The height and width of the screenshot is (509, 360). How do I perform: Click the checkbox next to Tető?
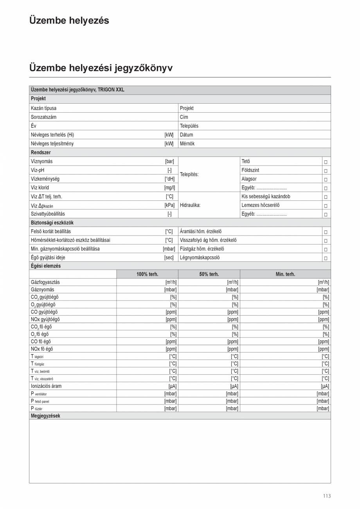[x=326, y=162]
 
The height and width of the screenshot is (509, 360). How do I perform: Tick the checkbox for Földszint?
[x=326, y=171]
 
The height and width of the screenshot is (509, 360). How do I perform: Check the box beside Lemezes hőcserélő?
[x=326, y=205]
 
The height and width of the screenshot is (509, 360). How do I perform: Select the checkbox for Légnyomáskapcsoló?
[x=326, y=258]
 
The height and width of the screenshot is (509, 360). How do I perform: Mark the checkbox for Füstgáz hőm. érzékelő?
[x=326, y=249]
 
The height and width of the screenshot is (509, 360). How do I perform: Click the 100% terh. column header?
[x=147, y=274]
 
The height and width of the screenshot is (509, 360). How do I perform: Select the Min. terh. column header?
[x=285, y=274]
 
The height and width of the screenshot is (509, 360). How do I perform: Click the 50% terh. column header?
[x=209, y=274]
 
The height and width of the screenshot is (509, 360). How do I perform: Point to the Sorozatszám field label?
[x=43, y=117]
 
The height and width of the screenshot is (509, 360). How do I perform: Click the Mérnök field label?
[x=187, y=144]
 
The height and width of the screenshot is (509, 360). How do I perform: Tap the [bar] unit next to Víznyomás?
[x=169, y=161]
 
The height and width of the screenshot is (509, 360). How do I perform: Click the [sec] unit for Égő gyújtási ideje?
[x=169, y=257]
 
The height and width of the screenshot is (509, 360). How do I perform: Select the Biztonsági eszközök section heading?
[x=52, y=223]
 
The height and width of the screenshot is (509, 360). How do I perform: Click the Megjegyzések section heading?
[x=45, y=416]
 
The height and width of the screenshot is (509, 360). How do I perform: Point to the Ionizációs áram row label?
[x=46, y=386]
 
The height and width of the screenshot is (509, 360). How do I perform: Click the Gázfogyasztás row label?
[x=45, y=282]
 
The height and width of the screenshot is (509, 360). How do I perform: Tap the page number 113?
[x=327, y=496]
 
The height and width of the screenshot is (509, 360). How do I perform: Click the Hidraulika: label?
[x=190, y=205]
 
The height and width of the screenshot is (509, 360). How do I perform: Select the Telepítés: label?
[x=189, y=174]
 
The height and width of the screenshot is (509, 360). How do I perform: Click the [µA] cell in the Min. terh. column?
[x=325, y=386]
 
